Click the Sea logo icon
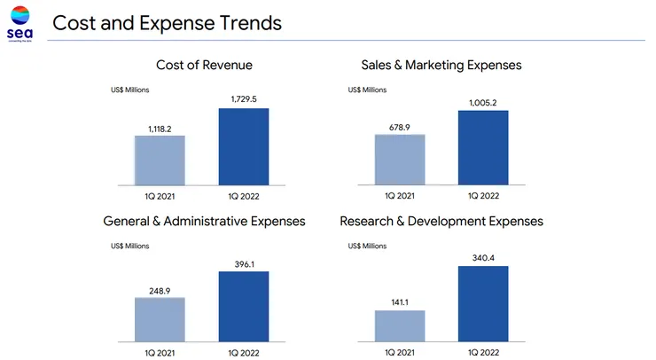click(x=19, y=17)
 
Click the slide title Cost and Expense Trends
click(x=168, y=23)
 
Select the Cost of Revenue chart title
click(x=204, y=65)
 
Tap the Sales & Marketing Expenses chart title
click(x=441, y=65)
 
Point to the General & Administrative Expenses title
click(x=204, y=221)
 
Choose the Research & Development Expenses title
click(x=441, y=221)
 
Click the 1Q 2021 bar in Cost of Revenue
click(x=160, y=160)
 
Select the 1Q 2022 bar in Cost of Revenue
click(x=244, y=146)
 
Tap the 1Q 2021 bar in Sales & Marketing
click(x=400, y=160)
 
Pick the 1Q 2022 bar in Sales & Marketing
click(x=483, y=147)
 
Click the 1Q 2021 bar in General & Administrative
click(x=160, y=318)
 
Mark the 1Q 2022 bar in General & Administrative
click(x=244, y=305)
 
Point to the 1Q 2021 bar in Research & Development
click(x=400, y=325)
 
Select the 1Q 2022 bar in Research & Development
click(x=483, y=302)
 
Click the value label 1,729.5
click(x=244, y=99)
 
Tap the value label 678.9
click(x=400, y=127)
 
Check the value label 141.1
click(x=400, y=302)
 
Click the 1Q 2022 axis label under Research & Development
click(x=483, y=352)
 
